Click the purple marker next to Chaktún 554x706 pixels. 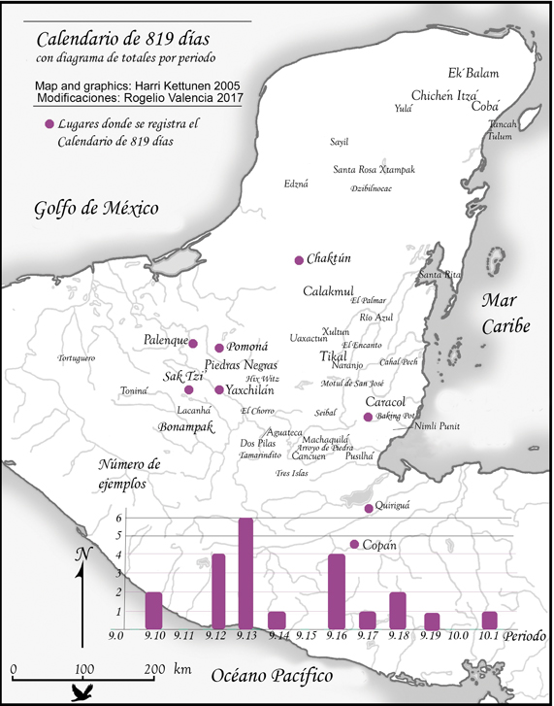click(299, 259)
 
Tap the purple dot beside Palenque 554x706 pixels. click(193, 343)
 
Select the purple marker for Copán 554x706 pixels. click(354, 544)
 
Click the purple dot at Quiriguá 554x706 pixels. click(368, 508)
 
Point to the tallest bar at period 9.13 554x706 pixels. click(245, 573)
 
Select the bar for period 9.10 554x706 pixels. click(153, 610)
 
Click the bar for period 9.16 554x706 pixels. click(337, 591)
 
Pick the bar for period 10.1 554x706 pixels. click(489, 620)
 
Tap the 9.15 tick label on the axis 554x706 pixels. click(307, 636)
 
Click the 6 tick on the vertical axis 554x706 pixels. click(119, 519)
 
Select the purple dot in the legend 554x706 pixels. click(49, 124)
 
